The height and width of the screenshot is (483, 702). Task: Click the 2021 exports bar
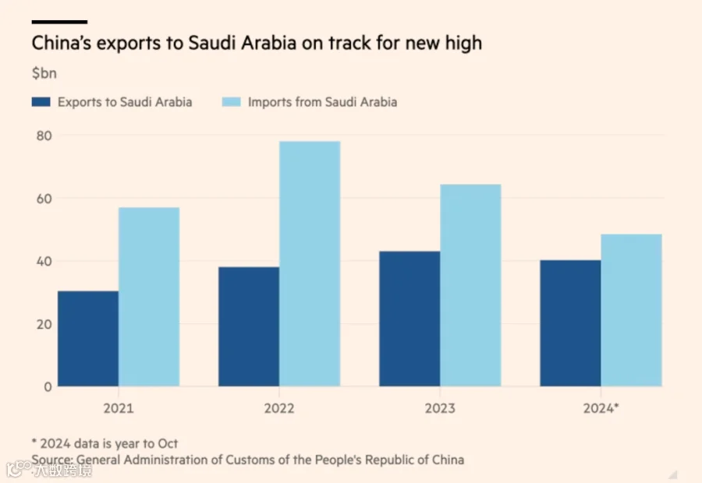tap(88, 339)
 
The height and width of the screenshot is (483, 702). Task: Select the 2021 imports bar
tap(149, 297)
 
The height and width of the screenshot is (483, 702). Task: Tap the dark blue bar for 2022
tap(249, 326)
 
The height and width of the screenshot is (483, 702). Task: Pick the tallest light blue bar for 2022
tap(310, 264)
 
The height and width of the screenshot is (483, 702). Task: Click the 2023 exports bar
tap(409, 319)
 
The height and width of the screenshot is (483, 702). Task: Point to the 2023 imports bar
tap(470, 285)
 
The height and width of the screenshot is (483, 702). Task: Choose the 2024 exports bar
tap(570, 323)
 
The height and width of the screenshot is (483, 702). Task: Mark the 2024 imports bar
tap(631, 310)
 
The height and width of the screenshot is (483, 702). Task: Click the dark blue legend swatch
tap(41, 102)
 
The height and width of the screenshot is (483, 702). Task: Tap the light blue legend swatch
tap(232, 102)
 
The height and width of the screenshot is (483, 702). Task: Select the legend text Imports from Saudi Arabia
tap(322, 102)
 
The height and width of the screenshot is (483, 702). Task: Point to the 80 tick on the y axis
tap(44, 136)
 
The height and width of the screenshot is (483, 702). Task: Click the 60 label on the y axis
tap(44, 199)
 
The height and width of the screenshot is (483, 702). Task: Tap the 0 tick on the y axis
tap(48, 387)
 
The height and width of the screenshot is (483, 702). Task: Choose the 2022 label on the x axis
tap(279, 408)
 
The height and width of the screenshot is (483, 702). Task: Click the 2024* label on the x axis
tap(601, 408)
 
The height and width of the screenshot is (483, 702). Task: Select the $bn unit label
tap(44, 73)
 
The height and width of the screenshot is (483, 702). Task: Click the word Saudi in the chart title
tap(211, 43)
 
